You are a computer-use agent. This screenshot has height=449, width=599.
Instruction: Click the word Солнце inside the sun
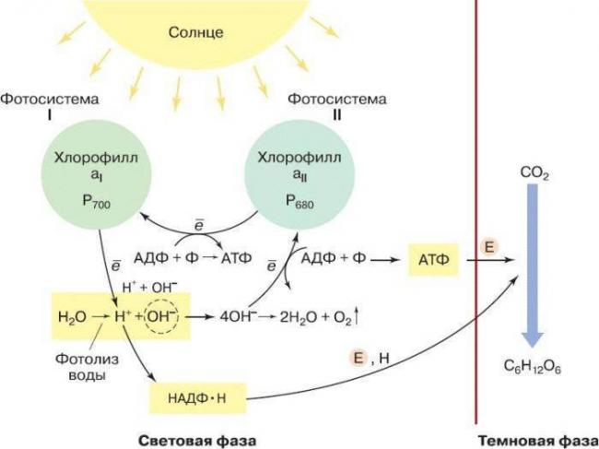tap(196, 32)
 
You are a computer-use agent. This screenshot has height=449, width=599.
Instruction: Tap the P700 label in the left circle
tap(96, 202)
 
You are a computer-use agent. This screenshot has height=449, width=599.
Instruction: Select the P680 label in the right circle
tap(299, 202)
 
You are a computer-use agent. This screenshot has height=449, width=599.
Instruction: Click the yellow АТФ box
tap(434, 260)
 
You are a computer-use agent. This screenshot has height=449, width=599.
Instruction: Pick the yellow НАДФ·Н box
tap(197, 398)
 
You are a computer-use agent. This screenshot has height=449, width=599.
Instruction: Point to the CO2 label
tap(534, 173)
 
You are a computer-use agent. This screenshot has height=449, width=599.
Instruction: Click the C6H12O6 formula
tap(532, 366)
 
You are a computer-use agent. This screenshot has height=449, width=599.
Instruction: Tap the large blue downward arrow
tap(533, 266)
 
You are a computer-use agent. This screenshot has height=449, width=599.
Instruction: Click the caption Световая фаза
tap(197, 441)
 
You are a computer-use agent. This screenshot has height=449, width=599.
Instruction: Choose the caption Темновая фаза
tap(538, 441)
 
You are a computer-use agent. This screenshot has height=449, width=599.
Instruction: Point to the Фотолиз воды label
tap(88, 367)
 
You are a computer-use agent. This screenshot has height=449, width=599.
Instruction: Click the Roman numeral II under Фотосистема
tap(336, 115)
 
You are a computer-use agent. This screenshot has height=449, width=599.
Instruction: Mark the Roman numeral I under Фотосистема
tap(49, 115)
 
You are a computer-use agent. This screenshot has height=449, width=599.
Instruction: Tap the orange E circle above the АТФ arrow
tap(489, 247)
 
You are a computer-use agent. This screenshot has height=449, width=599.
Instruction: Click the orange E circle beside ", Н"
tap(358, 358)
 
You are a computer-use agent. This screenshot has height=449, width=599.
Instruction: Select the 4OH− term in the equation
tap(236, 317)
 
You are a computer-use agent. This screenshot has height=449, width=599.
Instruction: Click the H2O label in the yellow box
tap(72, 317)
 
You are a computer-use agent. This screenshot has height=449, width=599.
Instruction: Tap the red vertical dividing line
tap(476, 212)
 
